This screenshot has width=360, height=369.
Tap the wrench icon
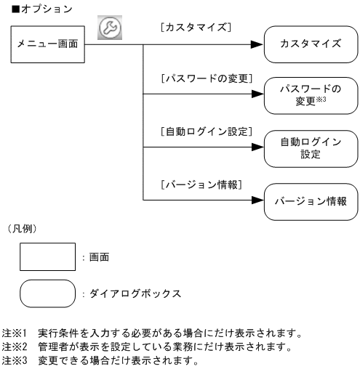(108, 25)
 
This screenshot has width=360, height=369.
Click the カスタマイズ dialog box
(311, 44)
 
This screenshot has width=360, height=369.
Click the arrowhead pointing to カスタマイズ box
(256, 44)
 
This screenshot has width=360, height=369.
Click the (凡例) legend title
(21, 228)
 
